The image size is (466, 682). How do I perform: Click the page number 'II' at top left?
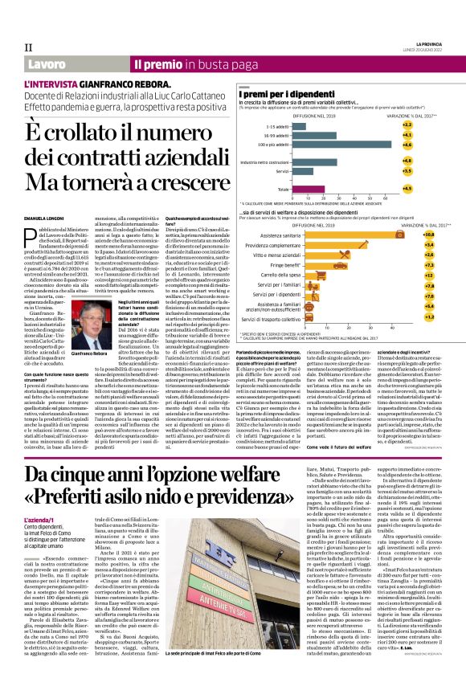29,47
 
